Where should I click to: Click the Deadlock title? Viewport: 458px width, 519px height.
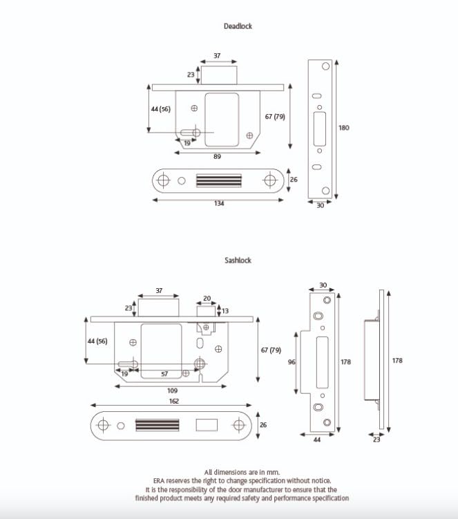(x=238, y=26)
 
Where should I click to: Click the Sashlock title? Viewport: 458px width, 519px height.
(x=238, y=261)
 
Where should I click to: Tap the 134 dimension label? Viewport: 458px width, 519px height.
(x=219, y=204)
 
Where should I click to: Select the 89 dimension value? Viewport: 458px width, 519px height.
(x=217, y=158)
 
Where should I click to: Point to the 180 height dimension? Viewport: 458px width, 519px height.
(x=344, y=127)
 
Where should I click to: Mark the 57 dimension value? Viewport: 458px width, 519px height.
(x=164, y=373)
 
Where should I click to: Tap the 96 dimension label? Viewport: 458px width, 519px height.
(x=292, y=362)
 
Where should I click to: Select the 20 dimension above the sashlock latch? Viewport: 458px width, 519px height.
(x=207, y=300)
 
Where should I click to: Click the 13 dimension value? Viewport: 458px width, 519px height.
(x=225, y=311)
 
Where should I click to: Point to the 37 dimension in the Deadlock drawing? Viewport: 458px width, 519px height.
(x=217, y=55)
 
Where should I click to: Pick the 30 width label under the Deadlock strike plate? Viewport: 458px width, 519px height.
(x=320, y=205)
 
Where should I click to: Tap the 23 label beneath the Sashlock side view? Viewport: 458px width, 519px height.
(x=376, y=440)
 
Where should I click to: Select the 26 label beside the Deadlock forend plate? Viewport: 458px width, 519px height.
(x=294, y=180)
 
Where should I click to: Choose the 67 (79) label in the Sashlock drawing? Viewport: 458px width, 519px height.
(x=271, y=350)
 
